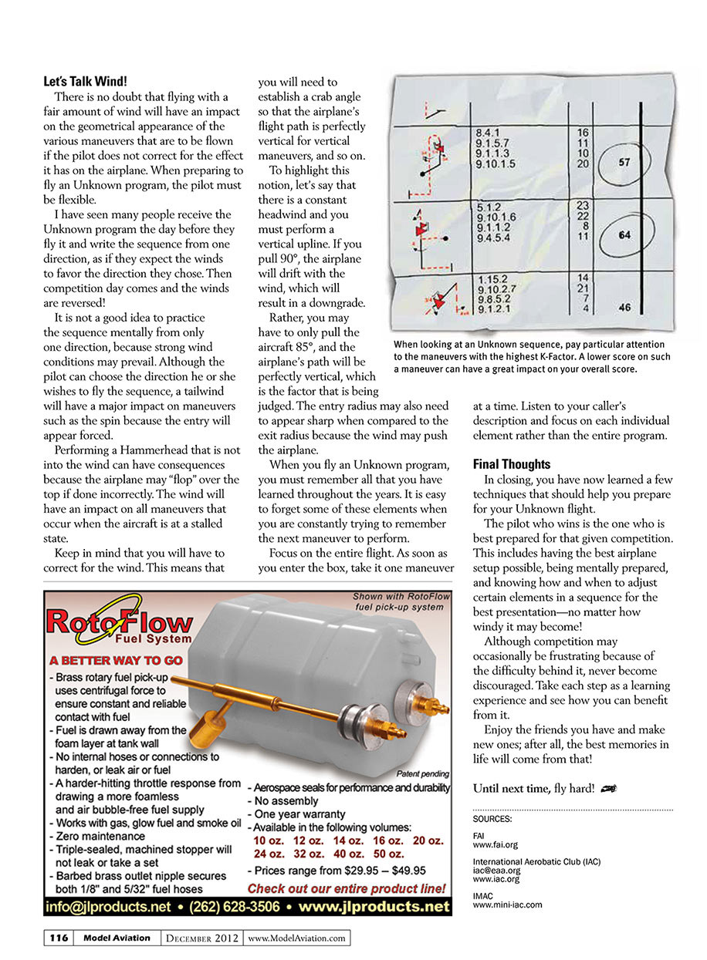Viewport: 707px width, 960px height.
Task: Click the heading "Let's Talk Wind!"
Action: click(x=86, y=81)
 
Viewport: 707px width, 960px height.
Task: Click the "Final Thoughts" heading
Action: click(x=511, y=464)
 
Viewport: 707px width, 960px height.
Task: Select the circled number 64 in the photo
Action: click(x=624, y=235)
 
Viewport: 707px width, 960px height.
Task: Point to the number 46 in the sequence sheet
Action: click(x=624, y=308)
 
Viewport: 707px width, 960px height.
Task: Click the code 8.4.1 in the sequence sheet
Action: click(x=489, y=133)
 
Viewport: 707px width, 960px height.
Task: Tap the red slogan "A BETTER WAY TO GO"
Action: click(x=116, y=661)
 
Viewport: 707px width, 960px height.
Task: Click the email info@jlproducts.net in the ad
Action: click(x=109, y=907)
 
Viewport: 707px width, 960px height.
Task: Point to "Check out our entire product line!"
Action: click(x=347, y=888)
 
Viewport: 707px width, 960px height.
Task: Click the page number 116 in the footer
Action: click(x=58, y=938)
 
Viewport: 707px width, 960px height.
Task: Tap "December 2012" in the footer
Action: click(x=202, y=938)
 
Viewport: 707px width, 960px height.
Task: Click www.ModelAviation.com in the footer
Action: click(x=296, y=938)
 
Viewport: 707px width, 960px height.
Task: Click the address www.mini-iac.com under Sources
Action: click(x=507, y=904)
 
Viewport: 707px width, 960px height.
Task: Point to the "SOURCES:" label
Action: click(x=492, y=819)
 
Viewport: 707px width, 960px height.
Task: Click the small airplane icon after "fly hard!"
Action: click(x=609, y=788)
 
